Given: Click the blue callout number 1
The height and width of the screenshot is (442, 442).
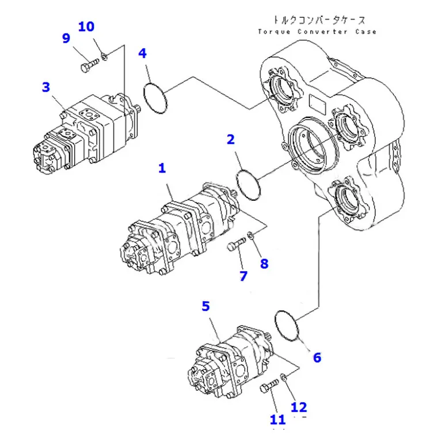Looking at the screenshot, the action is (162, 168).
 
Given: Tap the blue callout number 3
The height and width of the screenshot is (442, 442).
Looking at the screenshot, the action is (46, 87).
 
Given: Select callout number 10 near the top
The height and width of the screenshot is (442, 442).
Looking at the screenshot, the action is (86, 26).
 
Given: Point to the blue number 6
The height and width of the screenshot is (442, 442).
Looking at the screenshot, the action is (317, 357).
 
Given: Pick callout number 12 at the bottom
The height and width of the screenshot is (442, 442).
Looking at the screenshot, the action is (299, 407).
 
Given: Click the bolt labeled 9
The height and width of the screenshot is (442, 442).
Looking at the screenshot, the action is (89, 65).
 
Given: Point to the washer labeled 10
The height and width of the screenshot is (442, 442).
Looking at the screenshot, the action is (104, 56).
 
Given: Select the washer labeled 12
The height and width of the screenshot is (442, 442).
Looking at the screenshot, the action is (284, 377).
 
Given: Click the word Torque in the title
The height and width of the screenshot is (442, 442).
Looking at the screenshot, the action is (274, 32).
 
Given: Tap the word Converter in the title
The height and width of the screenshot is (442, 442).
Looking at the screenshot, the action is (322, 32).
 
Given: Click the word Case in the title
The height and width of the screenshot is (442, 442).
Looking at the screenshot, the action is (365, 32).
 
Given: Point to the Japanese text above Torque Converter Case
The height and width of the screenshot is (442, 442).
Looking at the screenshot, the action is (319, 20).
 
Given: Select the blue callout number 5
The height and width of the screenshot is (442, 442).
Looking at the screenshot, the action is (206, 306).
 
